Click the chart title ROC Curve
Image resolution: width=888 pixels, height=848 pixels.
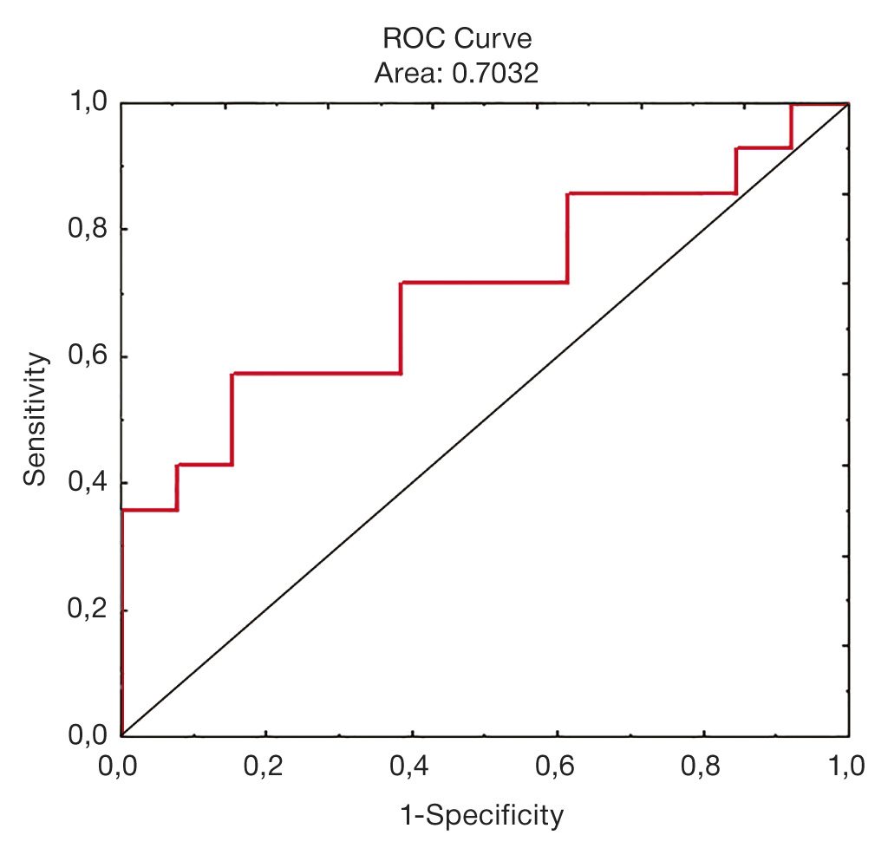[456, 39]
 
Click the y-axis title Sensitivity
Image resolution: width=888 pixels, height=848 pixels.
[35, 418]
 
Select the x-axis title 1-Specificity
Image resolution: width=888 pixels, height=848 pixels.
[481, 815]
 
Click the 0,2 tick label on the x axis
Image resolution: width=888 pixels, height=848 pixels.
[266, 766]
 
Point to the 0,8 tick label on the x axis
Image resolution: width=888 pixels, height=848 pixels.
[703, 766]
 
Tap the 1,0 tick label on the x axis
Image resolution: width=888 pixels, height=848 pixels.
[846, 766]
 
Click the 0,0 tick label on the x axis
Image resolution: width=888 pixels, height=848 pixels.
[121, 766]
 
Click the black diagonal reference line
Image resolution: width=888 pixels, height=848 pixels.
[486, 420]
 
